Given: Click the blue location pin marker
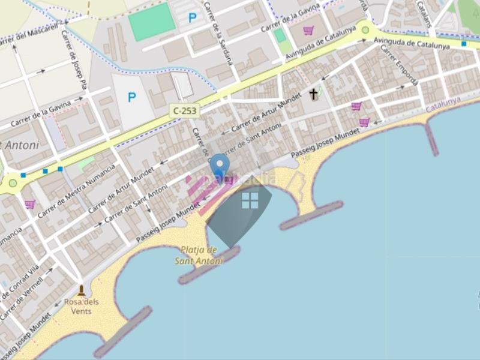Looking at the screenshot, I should tap(220, 166).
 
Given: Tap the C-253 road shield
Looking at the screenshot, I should tap(184, 110).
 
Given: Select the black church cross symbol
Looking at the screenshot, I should tap(313, 94).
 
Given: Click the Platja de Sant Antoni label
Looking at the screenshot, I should tap(199, 255).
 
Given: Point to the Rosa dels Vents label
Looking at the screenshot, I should tap(82, 306).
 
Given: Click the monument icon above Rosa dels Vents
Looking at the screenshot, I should tap(82, 290).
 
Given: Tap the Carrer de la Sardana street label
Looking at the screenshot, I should tap(218, 33).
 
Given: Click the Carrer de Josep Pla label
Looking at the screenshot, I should tap(74, 60).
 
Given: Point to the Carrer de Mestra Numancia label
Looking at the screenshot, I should tap(88, 184).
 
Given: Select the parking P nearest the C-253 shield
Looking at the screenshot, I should tap(132, 97).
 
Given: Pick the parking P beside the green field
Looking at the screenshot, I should tap(193, 18).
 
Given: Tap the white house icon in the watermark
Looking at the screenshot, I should tap(250, 200).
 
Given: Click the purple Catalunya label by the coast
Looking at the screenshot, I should tap(443, 105).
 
